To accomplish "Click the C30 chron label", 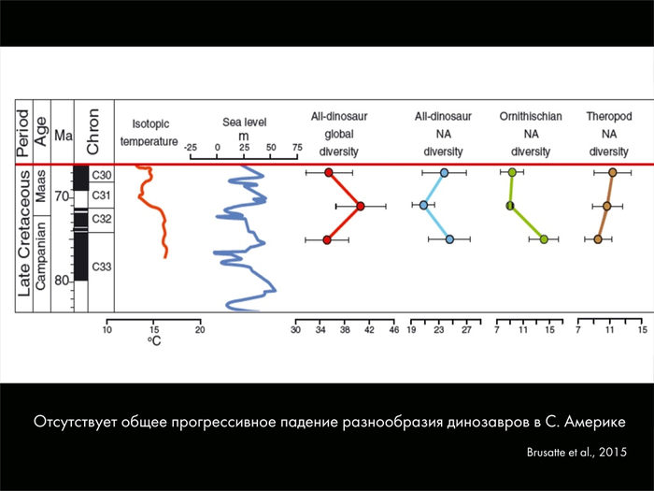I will (102, 176).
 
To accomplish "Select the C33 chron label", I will (102, 267).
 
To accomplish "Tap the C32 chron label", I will (102, 218).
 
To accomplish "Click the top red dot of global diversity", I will (329, 172).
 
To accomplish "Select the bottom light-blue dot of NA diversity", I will (450, 240).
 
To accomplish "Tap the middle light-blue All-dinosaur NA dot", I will (423, 205).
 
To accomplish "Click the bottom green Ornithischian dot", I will (544, 239).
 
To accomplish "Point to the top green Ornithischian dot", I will (513, 172).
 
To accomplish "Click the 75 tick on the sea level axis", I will (297, 148).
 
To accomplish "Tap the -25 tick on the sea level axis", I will (191, 148).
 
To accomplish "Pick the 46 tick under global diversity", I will (393, 330).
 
